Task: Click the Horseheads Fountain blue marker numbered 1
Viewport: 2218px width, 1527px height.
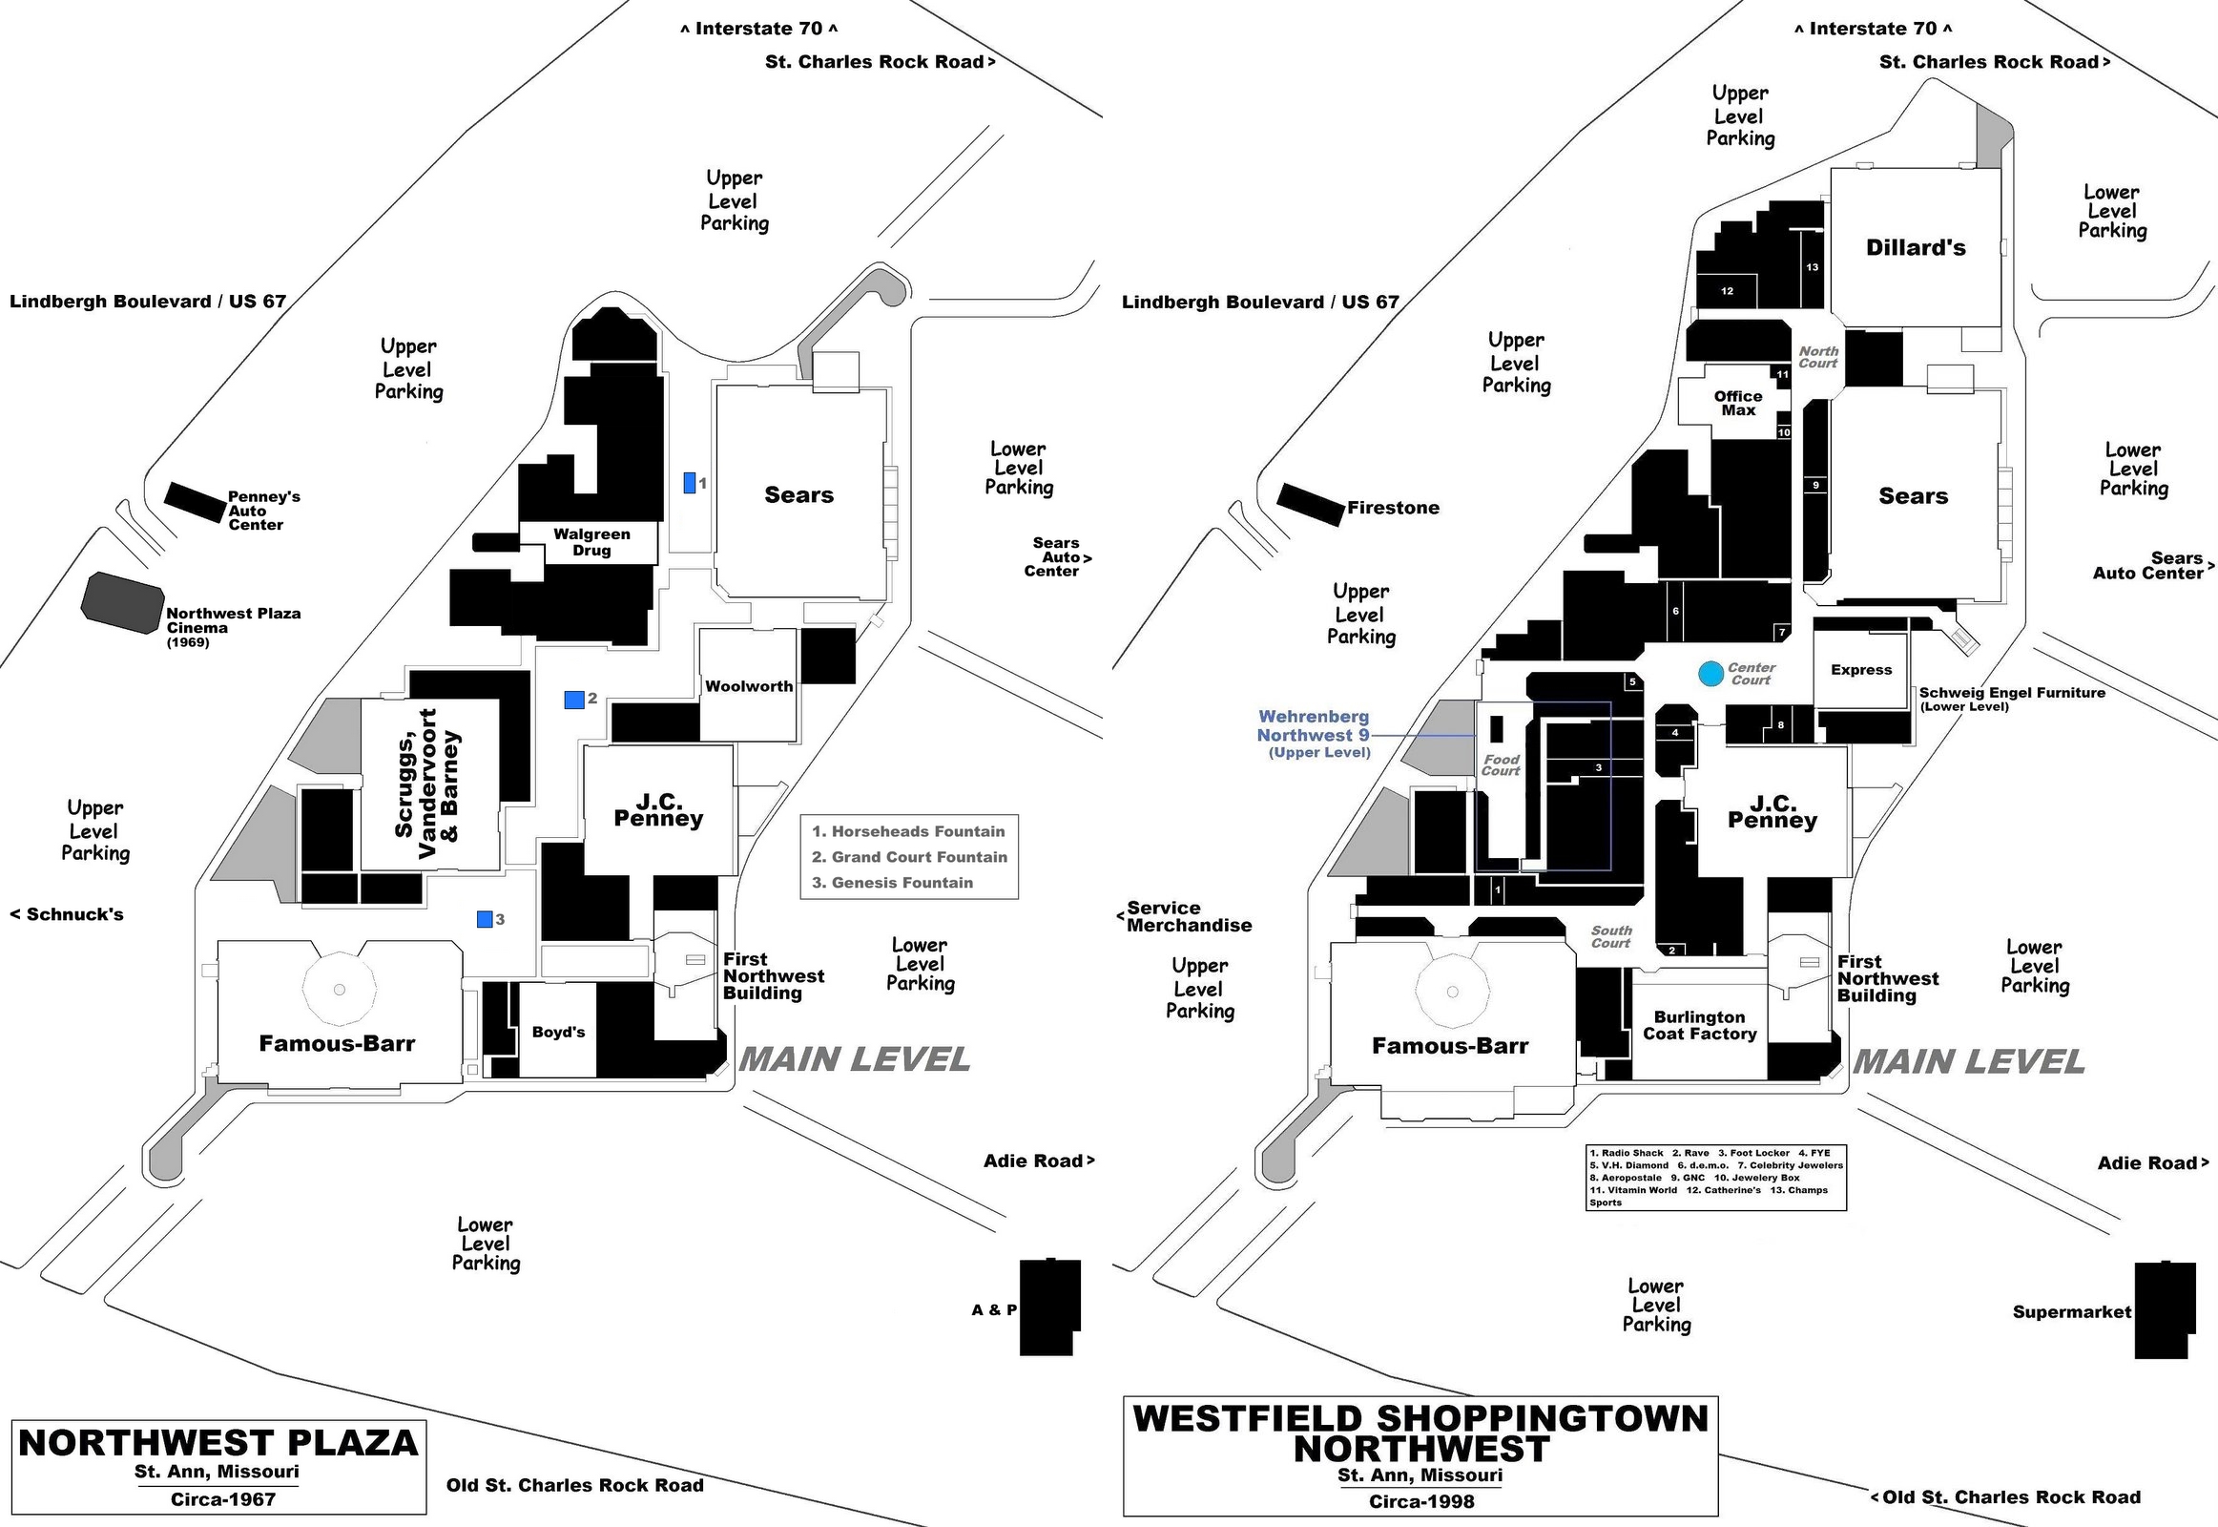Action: (x=689, y=483)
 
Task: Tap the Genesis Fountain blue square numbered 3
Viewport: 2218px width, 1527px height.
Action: (x=485, y=918)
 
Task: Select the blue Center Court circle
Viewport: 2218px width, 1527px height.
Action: (x=1711, y=674)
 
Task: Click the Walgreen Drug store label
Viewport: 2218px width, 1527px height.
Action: (x=591, y=541)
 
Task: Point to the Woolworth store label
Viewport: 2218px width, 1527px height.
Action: (x=749, y=686)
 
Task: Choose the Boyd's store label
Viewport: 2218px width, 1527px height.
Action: (x=558, y=1032)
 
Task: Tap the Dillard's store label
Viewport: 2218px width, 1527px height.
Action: (x=1915, y=248)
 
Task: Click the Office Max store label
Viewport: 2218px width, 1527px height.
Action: (x=1738, y=403)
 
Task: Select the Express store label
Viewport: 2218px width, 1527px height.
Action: (x=1860, y=670)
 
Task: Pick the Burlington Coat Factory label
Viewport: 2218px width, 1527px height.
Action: (x=1700, y=1025)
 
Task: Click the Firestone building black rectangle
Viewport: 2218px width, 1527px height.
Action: (x=1311, y=503)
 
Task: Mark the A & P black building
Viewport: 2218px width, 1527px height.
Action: (x=1049, y=1307)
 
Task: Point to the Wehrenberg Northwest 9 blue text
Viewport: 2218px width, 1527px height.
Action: (x=1314, y=726)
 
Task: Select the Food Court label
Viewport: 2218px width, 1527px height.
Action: (x=1501, y=764)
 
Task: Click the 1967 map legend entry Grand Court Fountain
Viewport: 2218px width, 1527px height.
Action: (x=908, y=857)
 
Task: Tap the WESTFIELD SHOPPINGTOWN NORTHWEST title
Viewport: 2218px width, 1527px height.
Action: (x=1420, y=1433)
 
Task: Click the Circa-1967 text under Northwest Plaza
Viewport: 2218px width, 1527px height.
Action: (x=223, y=1499)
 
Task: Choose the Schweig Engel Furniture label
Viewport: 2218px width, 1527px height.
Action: (x=2011, y=693)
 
